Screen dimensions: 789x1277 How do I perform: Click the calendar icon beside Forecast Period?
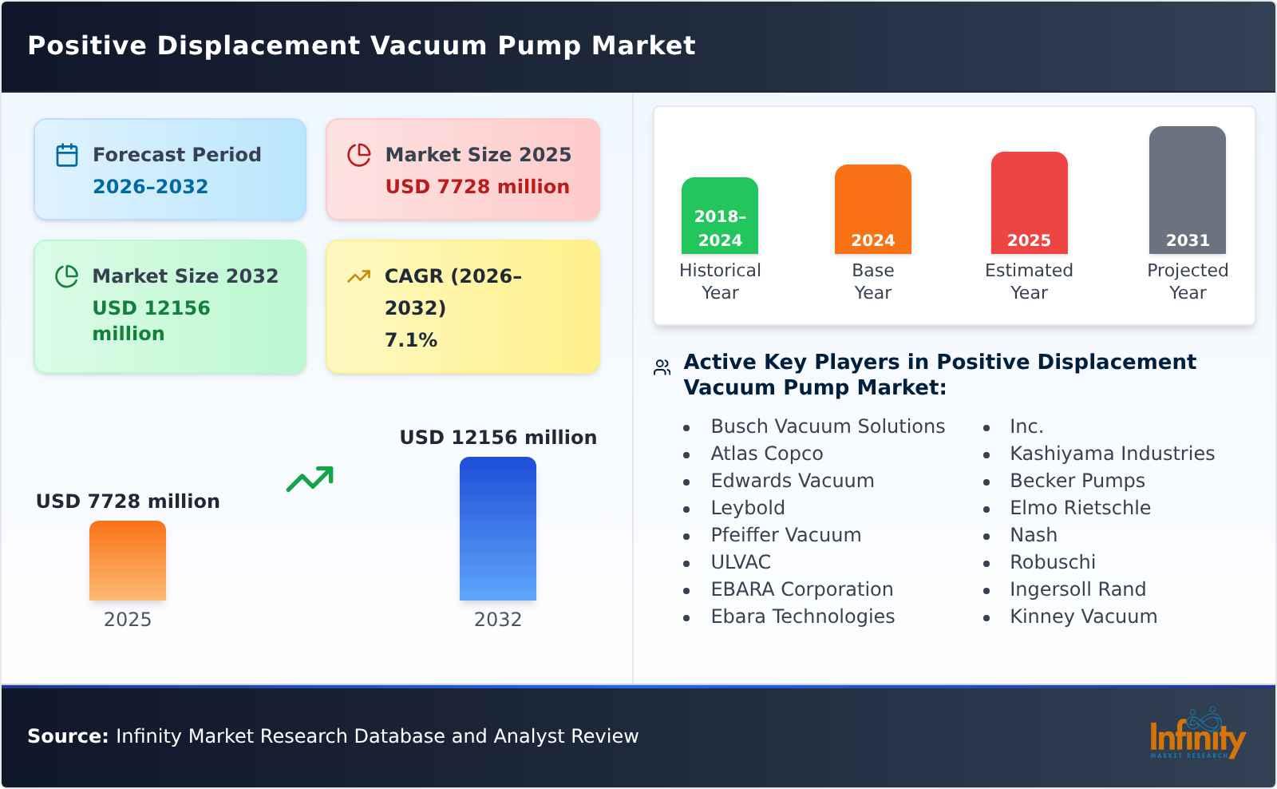67,155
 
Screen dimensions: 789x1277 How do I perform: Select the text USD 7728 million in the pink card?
477,187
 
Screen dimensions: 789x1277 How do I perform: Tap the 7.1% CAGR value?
411,340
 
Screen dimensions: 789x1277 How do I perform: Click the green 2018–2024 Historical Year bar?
720,216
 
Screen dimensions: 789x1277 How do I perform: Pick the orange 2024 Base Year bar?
872,209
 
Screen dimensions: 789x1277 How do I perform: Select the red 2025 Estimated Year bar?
1029,203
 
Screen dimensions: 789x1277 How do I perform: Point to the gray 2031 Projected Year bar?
1187,190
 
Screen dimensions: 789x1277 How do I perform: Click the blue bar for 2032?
497,529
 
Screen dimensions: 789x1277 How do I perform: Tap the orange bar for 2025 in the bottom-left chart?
128,561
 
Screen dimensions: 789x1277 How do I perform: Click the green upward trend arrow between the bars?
310,479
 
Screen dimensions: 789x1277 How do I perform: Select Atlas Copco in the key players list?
766,454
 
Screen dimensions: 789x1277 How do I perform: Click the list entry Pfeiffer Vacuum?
785,535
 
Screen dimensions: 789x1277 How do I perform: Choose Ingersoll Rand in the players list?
1077,589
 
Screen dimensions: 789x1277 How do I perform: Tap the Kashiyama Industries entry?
1112,454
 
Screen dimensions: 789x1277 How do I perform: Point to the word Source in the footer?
68,736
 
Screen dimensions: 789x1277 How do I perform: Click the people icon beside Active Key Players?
662,367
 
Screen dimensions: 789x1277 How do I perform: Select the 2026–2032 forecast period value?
150,187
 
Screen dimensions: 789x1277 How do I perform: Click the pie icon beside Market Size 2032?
67,276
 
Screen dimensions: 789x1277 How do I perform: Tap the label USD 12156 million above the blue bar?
498,438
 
